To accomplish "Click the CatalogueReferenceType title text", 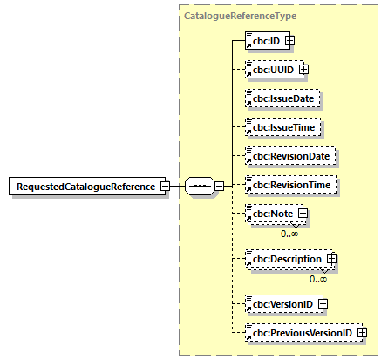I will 227,16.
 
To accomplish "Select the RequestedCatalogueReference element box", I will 84,186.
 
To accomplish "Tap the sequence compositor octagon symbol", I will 201,186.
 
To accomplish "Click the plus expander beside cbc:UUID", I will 304,70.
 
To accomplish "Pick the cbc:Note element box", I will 270,214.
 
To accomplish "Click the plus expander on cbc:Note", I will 303,214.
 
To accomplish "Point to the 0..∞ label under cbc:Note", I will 290,233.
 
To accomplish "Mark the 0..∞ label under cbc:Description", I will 318,279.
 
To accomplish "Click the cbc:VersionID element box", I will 279,303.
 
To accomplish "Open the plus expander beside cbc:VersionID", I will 322,303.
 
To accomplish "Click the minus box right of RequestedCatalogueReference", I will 164,186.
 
